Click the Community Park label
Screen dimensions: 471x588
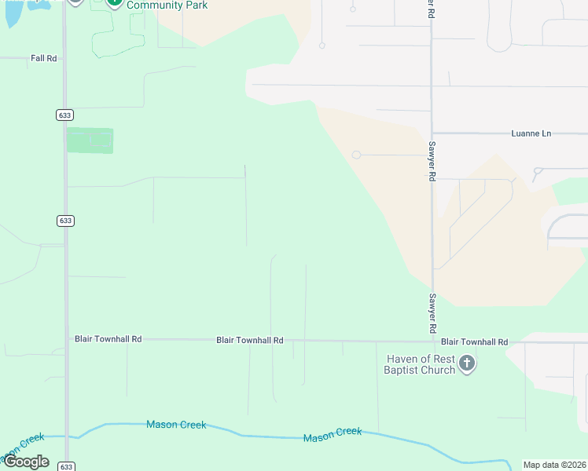point(167,5)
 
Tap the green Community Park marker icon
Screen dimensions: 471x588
point(114,2)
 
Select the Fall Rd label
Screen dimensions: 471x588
point(44,58)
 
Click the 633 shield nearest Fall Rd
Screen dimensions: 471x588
point(64,115)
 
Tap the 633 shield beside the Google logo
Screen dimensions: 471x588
point(66,466)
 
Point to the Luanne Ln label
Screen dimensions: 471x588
point(531,133)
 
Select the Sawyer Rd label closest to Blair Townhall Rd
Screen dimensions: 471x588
point(432,312)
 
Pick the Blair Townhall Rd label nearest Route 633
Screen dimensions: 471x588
point(108,339)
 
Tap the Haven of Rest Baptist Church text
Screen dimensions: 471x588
point(420,364)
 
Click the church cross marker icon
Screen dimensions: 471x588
point(467,363)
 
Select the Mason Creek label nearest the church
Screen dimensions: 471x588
point(333,433)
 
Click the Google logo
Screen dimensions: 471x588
point(25,462)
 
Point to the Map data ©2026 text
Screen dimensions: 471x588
point(555,465)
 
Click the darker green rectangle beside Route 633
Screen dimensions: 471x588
point(90,141)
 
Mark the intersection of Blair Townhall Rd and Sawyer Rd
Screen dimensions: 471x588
point(432,341)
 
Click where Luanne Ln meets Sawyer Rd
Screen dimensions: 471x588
point(432,133)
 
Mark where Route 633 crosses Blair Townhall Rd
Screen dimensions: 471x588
point(66,340)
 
